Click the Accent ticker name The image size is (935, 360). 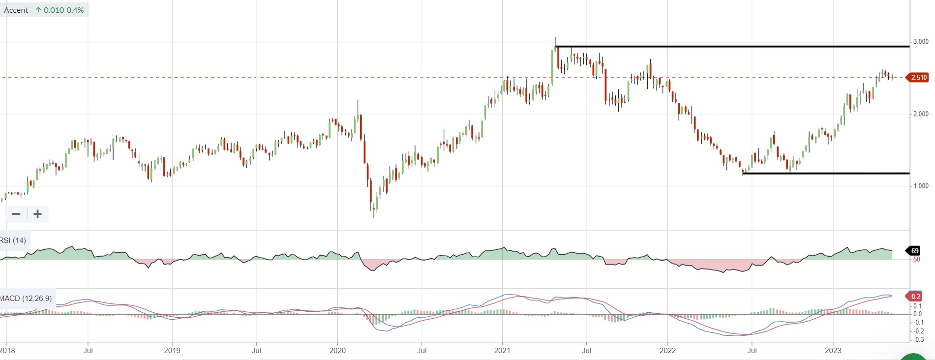(16, 10)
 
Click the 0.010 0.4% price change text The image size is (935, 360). (63, 10)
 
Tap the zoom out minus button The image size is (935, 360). (16, 214)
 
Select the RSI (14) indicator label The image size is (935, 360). (13, 240)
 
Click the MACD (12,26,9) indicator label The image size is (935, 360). (26, 298)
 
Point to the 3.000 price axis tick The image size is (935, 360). (921, 42)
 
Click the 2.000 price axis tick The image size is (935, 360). (921, 114)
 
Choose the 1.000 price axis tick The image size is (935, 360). (921, 186)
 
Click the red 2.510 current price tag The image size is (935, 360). (917, 77)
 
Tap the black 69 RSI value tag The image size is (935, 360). (914, 251)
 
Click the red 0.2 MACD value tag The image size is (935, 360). (914, 296)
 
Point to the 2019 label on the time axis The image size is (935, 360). (172, 351)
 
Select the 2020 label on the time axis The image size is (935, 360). (337, 351)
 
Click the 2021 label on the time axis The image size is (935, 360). (502, 351)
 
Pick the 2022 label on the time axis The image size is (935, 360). (667, 351)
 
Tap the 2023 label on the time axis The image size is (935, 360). (833, 351)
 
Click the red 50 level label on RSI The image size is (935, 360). (917, 259)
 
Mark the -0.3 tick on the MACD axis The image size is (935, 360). (918, 339)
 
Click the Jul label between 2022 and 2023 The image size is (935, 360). (752, 351)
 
